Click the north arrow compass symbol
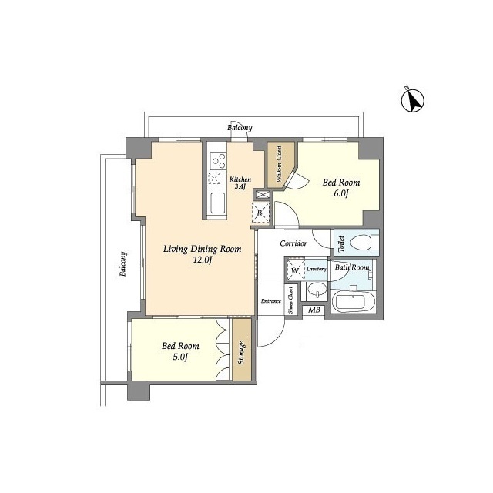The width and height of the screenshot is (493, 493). [414, 100]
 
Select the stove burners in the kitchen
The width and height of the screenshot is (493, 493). [216, 162]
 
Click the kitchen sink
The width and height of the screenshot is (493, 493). [217, 204]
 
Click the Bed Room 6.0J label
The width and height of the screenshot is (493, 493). [340, 188]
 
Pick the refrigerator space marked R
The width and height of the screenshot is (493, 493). [260, 213]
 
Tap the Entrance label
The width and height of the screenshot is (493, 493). [270, 301]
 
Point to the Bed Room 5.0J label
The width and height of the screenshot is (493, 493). [180, 351]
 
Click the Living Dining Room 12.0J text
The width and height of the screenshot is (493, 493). [202, 255]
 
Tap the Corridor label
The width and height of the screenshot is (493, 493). [293, 243]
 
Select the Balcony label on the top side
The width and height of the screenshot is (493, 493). [240, 128]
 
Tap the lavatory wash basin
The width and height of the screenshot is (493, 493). [315, 292]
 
